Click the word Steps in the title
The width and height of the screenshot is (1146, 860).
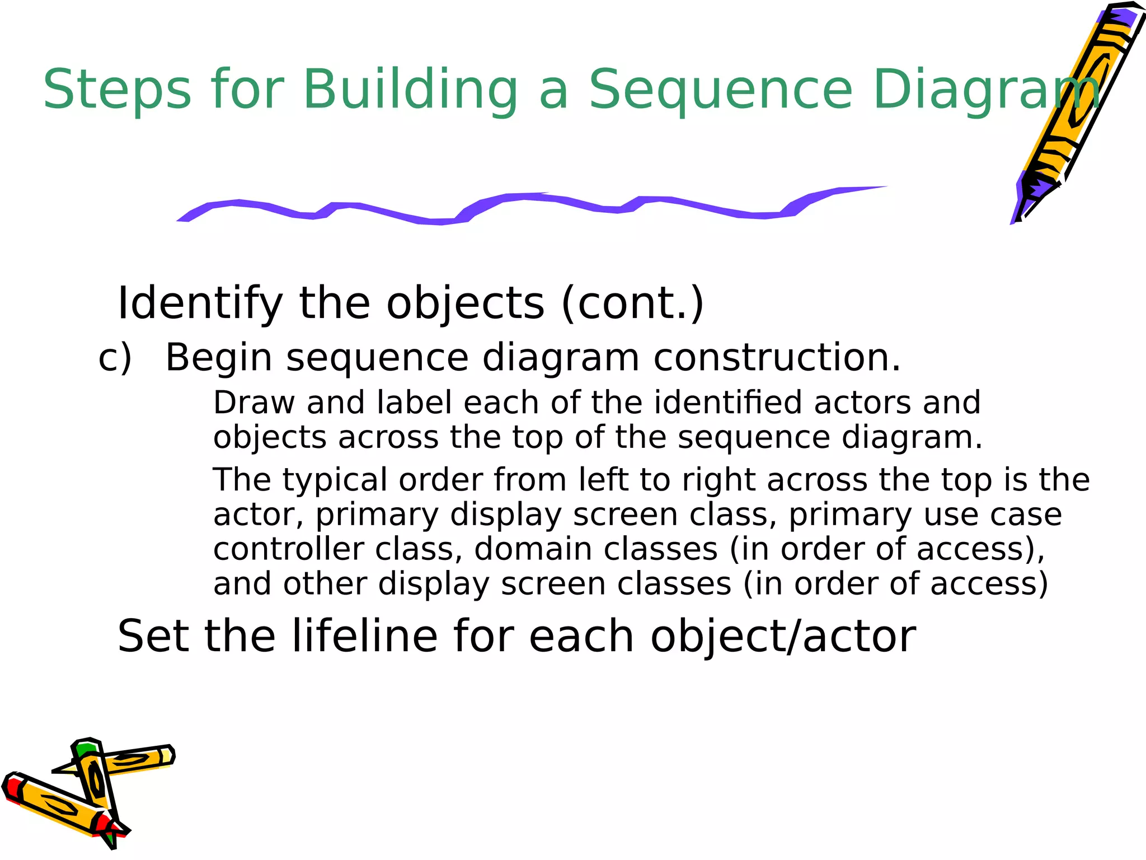116,90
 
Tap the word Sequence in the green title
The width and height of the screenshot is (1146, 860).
721,90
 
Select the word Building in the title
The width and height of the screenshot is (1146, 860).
411,90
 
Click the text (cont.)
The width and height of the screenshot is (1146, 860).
632,303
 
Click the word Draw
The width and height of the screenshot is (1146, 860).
253,403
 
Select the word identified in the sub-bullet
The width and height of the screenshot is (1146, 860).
727,403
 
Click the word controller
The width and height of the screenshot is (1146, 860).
288,549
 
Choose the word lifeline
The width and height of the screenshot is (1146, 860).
364,637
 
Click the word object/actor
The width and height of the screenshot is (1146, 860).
783,637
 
